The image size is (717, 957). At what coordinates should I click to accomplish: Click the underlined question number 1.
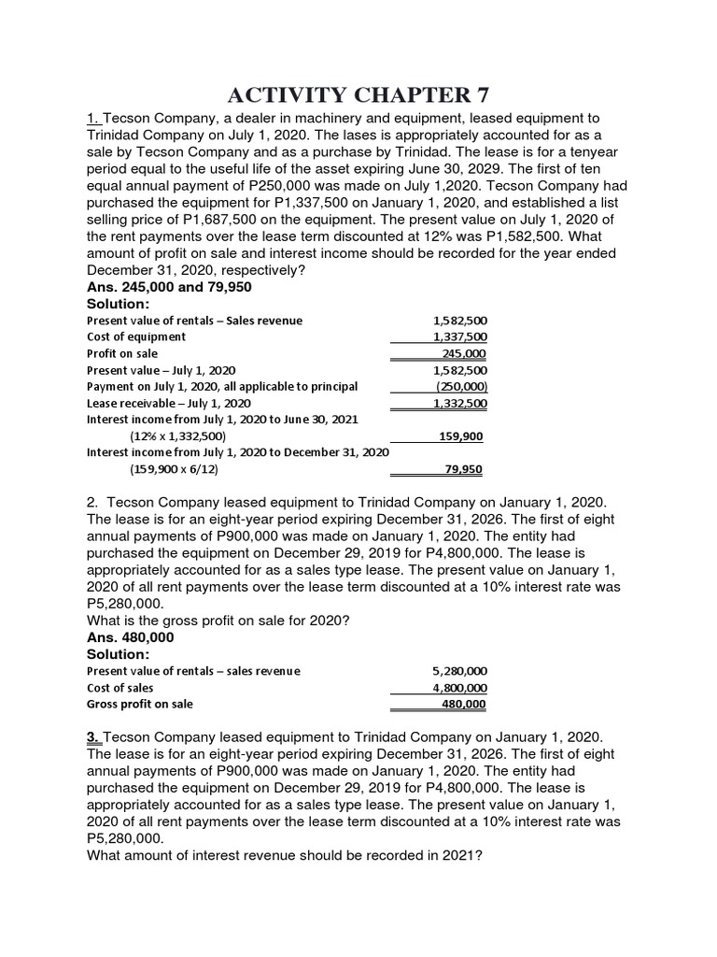point(92,119)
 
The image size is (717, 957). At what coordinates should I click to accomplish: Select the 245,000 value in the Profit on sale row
point(464,353)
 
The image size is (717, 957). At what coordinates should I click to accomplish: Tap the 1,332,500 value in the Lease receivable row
point(460,403)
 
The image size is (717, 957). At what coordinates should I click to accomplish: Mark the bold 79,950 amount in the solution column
point(464,469)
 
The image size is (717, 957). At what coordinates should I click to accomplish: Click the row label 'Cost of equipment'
point(136,336)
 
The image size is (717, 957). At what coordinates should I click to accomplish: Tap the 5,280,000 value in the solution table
point(460,671)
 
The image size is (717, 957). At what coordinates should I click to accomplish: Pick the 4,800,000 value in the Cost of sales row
point(460,688)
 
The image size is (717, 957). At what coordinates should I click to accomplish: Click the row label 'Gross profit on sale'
point(141,704)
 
